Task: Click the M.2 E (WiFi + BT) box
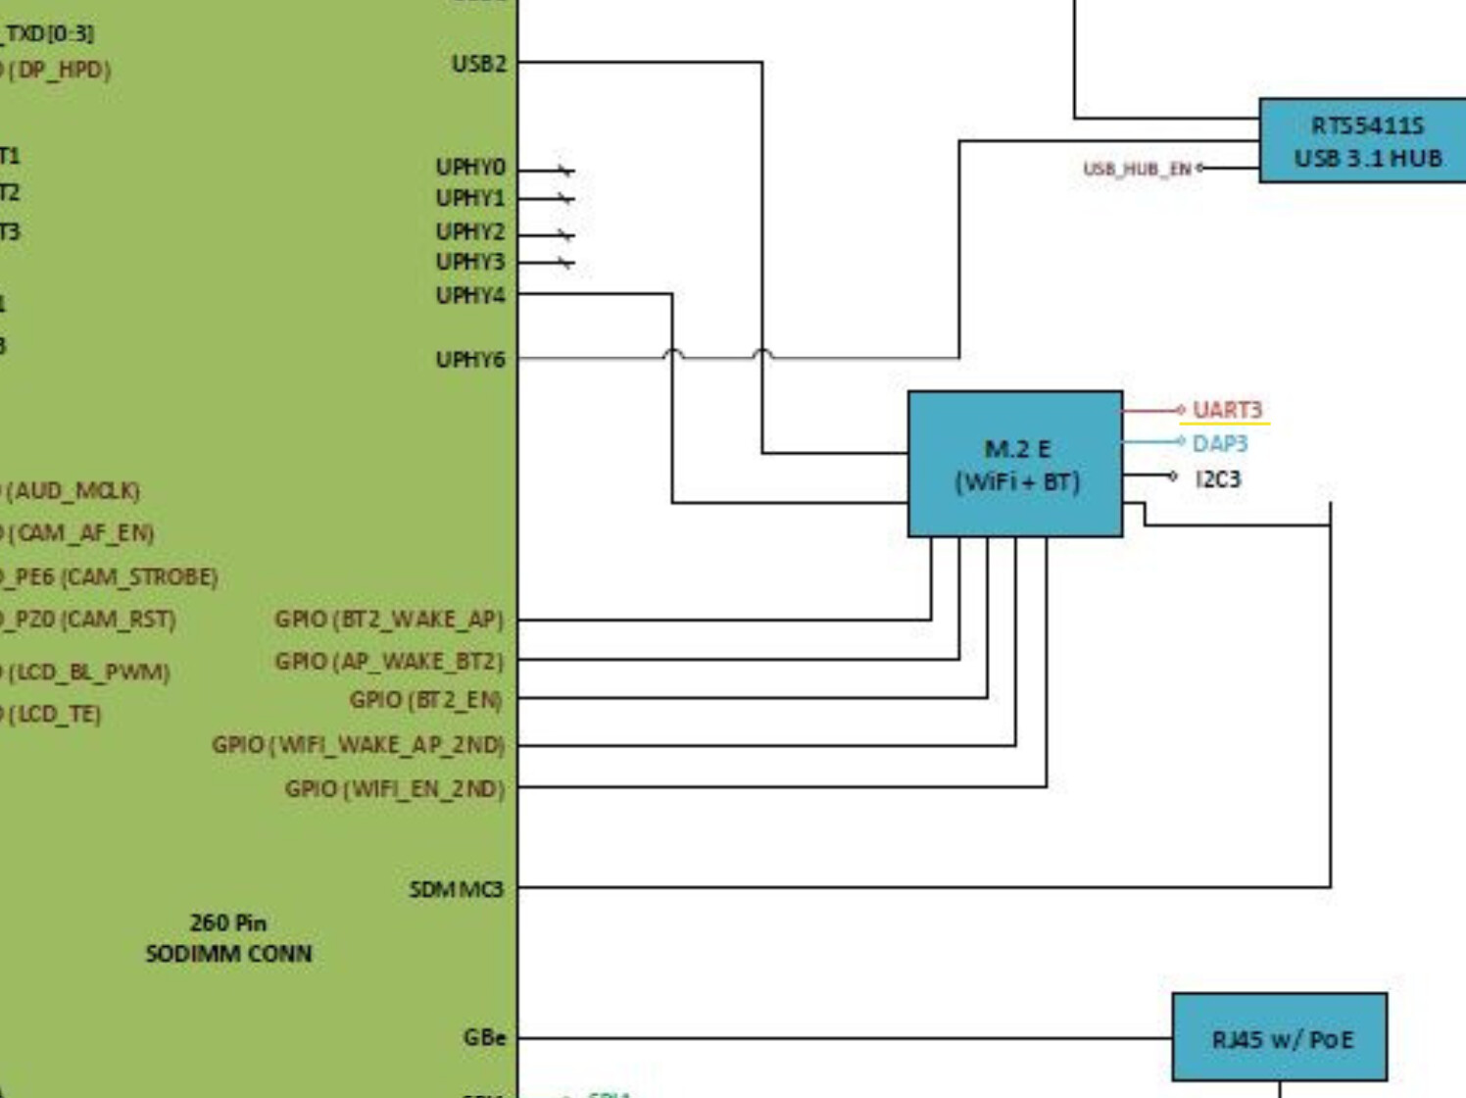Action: tap(1015, 464)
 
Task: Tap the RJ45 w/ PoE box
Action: tap(1280, 1038)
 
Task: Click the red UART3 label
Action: tap(1227, 410)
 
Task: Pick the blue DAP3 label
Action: tap(1220, 444)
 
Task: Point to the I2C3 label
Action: tap(1218, 478)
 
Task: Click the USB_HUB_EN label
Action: tap(1137, 169)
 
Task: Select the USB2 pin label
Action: tap(478, 64)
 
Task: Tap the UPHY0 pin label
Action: tap(470, 168)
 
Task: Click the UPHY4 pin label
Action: tap(470, 295)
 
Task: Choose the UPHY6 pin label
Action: tap(470, 360)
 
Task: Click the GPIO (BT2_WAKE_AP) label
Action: tap(388, 620)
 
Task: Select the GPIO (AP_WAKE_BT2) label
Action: tap(388, 662)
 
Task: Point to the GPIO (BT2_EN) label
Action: tap(425, 700)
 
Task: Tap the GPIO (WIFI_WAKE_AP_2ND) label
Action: tap(358, 745)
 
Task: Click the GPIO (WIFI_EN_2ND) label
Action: tap(394, 789)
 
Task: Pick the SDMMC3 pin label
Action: tap(456, 889)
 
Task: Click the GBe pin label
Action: tap(484, 1037)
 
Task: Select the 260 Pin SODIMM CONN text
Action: tap(228, 938)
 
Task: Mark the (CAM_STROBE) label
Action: tap(139, 576)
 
